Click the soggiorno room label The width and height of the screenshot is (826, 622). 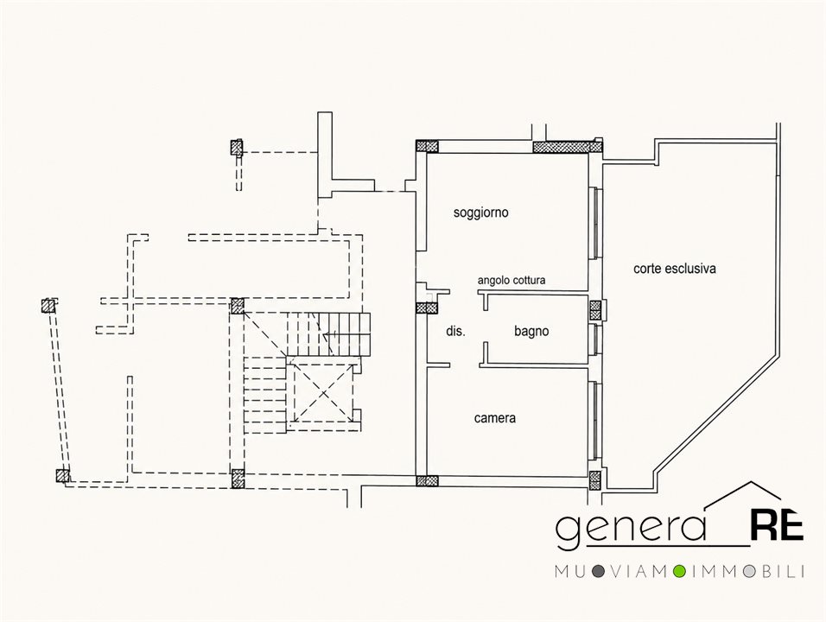481,213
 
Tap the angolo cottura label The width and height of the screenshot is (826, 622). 511,280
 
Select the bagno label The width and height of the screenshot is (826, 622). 531,331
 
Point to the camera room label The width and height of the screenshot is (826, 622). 495,418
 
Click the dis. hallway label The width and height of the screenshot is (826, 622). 455,331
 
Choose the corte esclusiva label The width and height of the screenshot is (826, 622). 674,269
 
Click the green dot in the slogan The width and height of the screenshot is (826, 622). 680,571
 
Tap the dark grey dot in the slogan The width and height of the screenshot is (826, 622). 597,571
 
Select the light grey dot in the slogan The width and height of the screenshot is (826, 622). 750,571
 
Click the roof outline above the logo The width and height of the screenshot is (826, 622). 743,495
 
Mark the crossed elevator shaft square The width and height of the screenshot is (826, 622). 323,392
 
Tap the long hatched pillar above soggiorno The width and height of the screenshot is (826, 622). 568,146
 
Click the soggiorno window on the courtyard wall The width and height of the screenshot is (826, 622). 595,223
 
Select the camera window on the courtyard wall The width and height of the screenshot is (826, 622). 595,420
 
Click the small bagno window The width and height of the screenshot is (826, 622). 595,340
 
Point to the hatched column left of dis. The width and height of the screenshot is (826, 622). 427,308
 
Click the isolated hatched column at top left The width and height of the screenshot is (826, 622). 237,148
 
